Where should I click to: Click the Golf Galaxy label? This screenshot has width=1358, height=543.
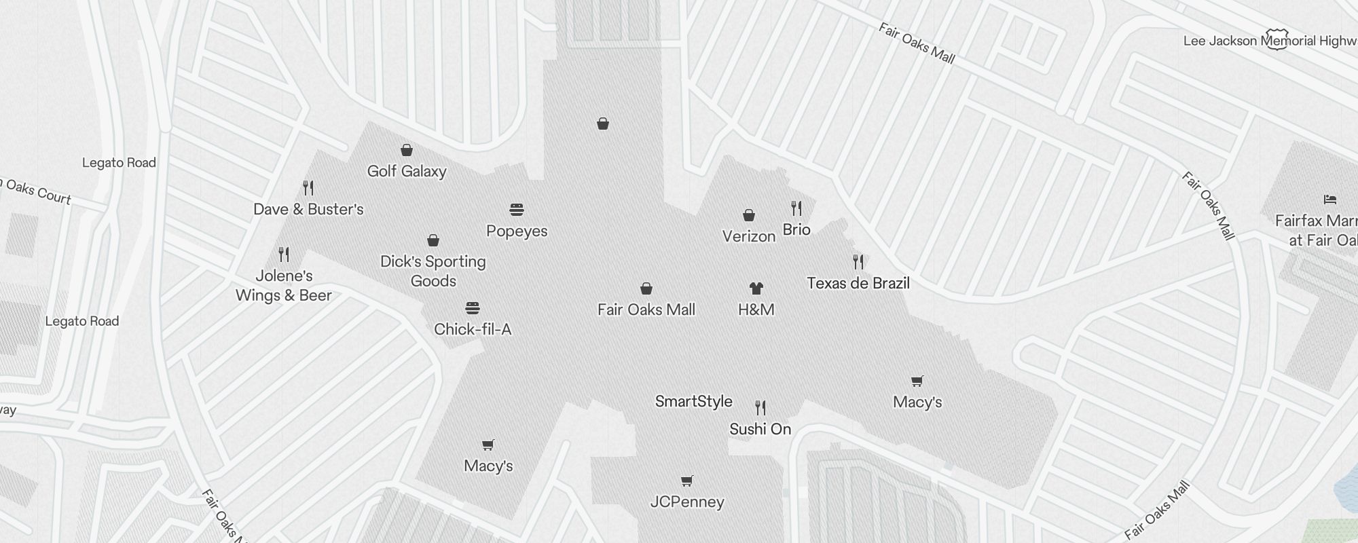pos(407,171)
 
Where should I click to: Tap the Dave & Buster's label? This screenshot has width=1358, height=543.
pos(308,209)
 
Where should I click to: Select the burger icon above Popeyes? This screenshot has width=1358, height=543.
pos(517,209)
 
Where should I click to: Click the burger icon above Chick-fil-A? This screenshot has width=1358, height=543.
pos(473,308)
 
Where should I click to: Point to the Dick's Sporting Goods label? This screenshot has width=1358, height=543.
pos(433,271)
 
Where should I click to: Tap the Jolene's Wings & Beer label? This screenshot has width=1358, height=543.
pos(284,285)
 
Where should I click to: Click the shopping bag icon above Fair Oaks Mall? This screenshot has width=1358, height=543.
pos(646,288)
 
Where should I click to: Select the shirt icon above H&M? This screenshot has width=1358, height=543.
pos(756,288)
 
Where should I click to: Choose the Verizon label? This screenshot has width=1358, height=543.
pos(749,236)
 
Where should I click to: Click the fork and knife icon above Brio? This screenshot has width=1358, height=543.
pos(796,208)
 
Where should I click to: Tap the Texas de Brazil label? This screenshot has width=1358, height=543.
pos(858,283)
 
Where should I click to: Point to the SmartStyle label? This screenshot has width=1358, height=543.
pos(694,401)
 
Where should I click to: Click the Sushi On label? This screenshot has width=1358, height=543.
pos(760,429)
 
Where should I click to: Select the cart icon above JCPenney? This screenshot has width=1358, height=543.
pos(687,481)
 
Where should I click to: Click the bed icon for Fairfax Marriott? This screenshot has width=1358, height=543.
pos(1330,200)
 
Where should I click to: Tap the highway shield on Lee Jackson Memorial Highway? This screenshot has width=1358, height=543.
pos(1277,39)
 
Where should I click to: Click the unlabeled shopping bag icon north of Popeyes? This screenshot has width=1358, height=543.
pos(603,124)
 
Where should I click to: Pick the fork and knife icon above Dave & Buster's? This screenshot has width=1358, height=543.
pos(308,187)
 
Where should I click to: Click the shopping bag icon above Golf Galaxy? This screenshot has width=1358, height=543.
pos(407,149)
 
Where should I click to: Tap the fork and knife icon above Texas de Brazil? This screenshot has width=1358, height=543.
pos(858,261)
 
